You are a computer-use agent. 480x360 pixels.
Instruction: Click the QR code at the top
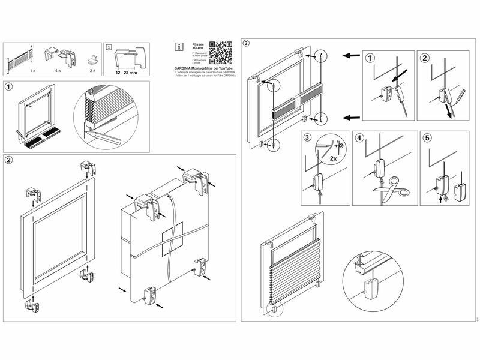(221, 52)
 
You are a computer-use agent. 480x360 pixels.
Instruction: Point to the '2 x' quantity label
(92, 71)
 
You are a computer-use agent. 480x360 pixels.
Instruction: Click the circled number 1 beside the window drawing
(8, 86)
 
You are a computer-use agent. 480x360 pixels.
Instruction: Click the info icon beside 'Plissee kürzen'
(178, 46)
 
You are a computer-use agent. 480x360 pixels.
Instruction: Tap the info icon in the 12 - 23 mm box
(109, 47)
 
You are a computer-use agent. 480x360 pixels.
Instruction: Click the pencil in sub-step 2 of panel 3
(458, 96)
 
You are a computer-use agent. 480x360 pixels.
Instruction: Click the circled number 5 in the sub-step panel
(427, 137)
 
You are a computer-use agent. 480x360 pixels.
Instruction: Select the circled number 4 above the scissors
(359, 137)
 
